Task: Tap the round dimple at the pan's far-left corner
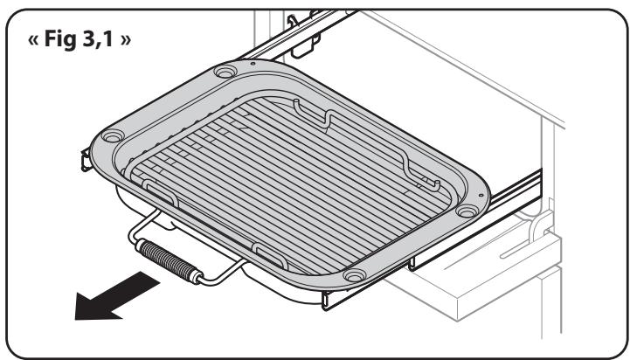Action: pos(112,138)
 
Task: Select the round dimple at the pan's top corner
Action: pos(223,74)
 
